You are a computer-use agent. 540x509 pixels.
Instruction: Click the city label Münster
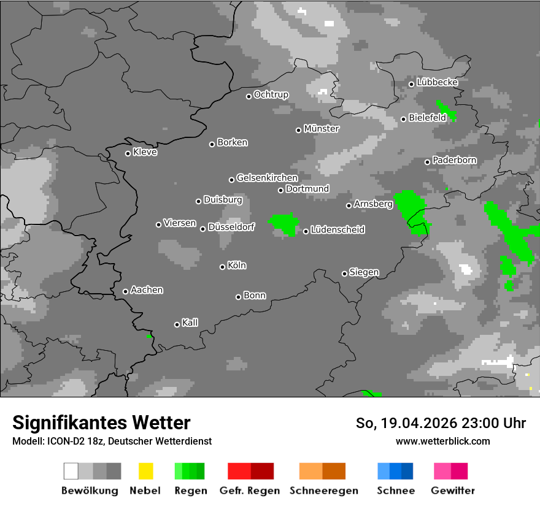tap(322, 129)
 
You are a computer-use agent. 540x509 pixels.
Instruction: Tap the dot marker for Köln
tap(222, 267)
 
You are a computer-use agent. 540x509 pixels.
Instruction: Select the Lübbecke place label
tap(437, 82)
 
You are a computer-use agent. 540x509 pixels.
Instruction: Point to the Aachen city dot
tap(125, 291)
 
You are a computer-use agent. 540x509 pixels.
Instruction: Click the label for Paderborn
tap(454, 161)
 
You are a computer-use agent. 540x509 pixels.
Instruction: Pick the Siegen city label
tap(364, 272)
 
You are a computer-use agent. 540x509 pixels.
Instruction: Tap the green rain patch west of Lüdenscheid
tap(283, 223)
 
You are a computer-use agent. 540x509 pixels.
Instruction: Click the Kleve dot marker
tap(128, 153)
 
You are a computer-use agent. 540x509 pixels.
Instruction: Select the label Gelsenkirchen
tap(267, 178)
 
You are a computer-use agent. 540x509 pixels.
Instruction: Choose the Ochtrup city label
tap(271, 95)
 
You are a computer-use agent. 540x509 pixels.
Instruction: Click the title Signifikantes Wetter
tap(101, 423)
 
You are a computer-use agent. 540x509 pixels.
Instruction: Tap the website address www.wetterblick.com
tap(442, 441)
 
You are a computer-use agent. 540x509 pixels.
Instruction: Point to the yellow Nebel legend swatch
tap(145, 471)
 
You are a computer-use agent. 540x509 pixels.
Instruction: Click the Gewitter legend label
tap(452, 491)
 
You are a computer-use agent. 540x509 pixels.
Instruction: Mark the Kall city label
tap(190, 323)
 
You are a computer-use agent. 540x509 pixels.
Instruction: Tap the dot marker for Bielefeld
tap(403, 119)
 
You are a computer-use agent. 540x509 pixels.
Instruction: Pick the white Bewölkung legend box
tap(71, 471)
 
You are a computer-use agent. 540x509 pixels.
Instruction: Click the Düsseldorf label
tap(231, 227)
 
